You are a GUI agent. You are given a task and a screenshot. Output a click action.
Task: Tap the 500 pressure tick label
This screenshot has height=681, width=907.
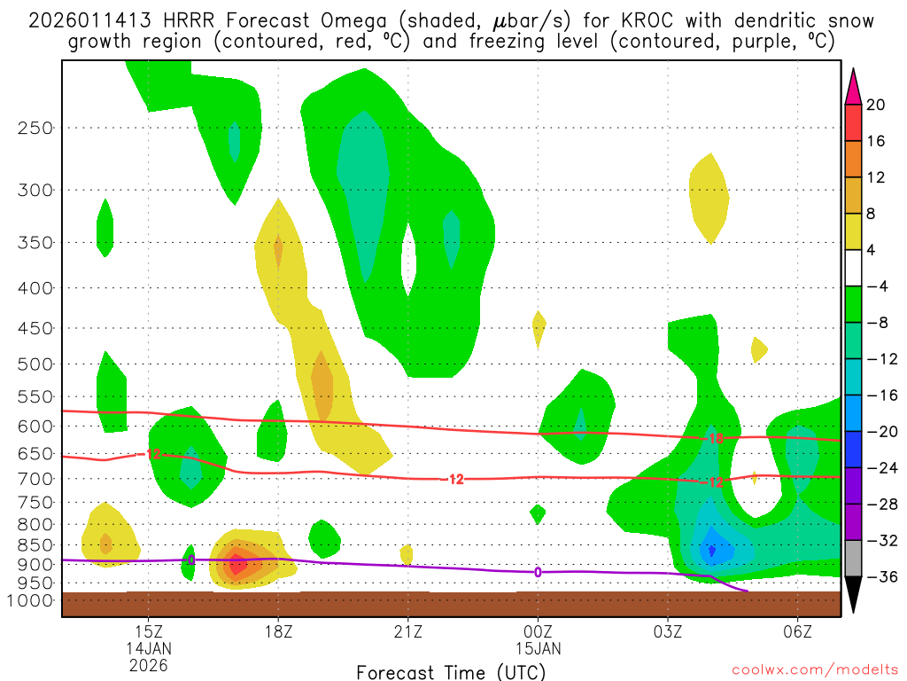pos(35,364)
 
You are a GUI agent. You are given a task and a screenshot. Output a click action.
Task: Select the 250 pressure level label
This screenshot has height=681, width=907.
pos(35,128)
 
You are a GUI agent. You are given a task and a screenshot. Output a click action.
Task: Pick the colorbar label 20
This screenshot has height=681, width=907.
pos(876,105)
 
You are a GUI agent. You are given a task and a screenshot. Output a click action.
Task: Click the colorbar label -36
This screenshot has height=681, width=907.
pos(876,576)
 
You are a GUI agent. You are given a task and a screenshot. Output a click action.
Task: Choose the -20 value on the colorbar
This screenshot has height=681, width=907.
pos(876,432)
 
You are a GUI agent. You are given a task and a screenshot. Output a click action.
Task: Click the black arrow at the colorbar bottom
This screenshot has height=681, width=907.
pos(854,595)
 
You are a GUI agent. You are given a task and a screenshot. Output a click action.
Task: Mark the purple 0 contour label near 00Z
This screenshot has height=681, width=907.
pos(538,572)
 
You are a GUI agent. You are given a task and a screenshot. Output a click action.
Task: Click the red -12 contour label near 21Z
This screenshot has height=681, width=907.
pos(455,479)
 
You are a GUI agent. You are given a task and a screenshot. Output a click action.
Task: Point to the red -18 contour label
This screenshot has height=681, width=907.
pos(716,438)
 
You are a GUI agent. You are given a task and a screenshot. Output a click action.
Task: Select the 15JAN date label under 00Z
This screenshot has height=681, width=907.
pos(538,647)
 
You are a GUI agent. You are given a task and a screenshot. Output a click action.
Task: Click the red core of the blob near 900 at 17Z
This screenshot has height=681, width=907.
pos(237,562)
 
